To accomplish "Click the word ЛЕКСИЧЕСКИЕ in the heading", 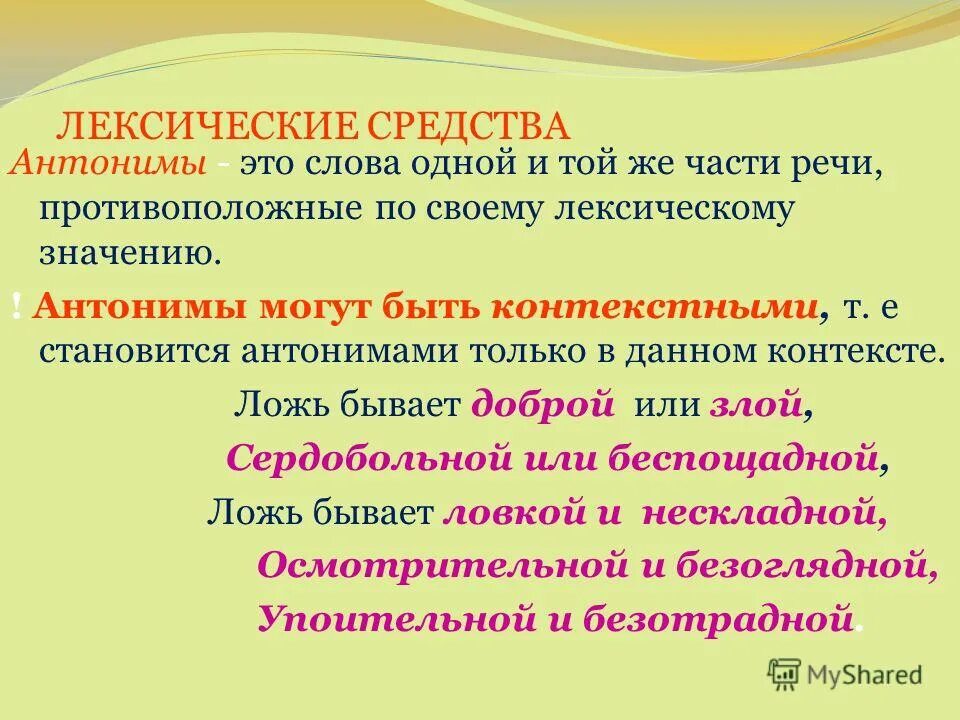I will (194, 127).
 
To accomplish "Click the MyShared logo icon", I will (784, 673).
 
